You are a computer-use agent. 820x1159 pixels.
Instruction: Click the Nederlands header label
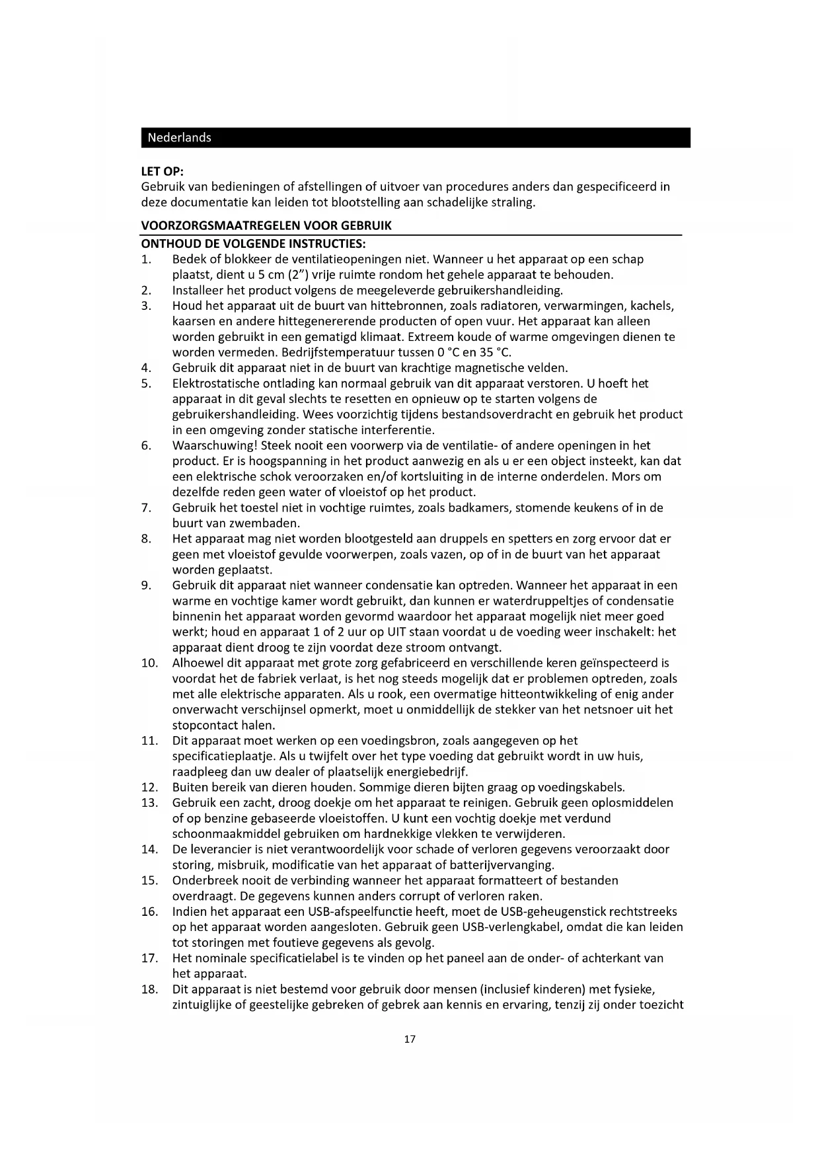179,137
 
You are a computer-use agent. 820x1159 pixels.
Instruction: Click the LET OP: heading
162,171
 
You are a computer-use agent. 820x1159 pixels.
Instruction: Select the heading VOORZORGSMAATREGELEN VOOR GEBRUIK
266,225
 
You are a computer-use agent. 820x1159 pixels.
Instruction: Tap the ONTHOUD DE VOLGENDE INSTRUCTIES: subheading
253,243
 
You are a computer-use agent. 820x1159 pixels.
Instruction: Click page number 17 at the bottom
410,1039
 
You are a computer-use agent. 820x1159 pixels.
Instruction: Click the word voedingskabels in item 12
580,787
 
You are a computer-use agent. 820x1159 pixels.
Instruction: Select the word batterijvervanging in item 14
501,864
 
